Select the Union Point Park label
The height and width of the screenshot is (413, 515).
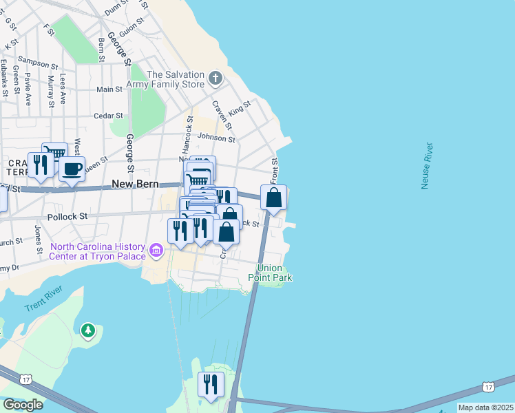coord(275,273)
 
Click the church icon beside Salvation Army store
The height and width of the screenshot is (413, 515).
coord(216,78)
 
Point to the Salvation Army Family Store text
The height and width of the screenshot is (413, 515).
coord(175,79)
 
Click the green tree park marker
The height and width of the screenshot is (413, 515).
coord(87,332)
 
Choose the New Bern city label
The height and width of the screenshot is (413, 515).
coord(136,184)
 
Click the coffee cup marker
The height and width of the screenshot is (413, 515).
coord(72,169)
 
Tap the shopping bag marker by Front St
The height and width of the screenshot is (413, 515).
coord(274,198)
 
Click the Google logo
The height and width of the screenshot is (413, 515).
coord(23,405)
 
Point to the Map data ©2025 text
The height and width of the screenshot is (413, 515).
coord(485,407)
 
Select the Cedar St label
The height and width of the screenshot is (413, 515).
coord(108,116)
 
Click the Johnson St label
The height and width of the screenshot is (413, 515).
coord(216,138)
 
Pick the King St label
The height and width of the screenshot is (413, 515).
coord(240,107)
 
